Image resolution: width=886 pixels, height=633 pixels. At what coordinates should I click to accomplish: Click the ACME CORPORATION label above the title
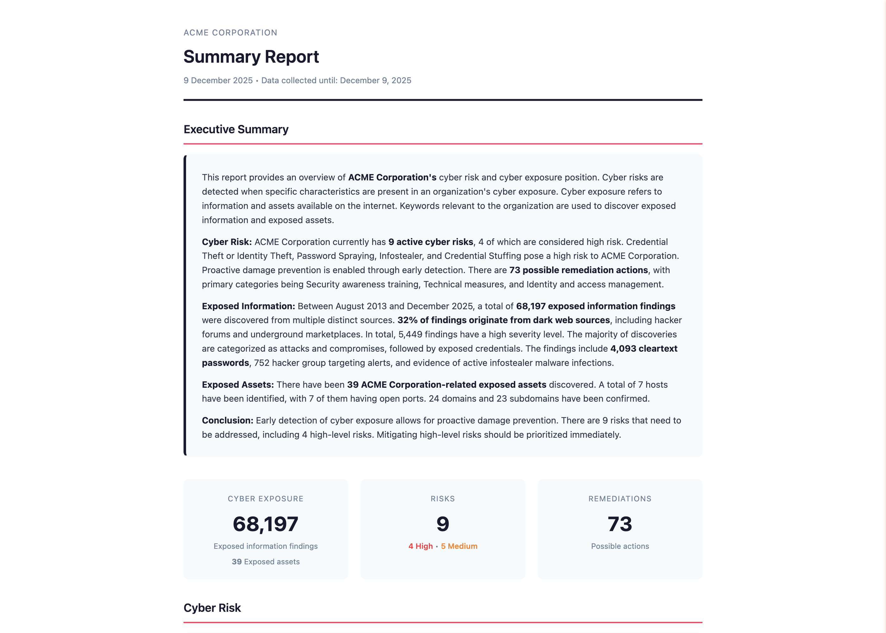[230, 33]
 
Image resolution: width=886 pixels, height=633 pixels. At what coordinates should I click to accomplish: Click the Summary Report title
[251, 57]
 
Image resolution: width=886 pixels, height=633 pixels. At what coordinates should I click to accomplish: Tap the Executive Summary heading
[236, 129]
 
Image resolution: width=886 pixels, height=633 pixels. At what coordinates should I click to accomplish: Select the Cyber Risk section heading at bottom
[212, 608]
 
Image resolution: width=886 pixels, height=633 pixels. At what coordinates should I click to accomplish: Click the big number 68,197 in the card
[265, 524]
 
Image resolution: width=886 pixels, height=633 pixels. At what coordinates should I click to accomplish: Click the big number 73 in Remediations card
[620, 524]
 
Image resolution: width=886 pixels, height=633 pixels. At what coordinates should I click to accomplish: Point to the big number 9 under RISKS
[443, 524]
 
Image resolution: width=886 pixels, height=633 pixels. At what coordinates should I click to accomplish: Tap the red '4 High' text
[421, 546]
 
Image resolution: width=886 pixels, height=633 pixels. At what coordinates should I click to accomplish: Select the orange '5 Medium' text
[459, 546]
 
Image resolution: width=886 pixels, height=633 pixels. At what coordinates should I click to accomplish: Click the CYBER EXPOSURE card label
[265, 498]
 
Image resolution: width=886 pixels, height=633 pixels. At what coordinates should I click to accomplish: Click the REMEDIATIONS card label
[620, 498]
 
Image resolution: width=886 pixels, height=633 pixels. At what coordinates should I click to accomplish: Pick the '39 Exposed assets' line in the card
[265, 562]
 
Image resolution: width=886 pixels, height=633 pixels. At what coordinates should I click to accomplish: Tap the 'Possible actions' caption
[620, 546]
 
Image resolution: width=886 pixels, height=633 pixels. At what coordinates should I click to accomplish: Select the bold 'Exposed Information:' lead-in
[248, 306]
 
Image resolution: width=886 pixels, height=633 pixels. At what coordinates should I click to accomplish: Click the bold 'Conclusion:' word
[227, 421]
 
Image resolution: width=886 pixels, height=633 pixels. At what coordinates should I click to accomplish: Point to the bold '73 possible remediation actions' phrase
[578, 270]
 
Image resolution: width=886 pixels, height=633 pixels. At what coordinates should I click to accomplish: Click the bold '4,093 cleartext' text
[644, 348]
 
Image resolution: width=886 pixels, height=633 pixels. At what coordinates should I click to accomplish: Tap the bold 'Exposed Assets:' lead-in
[238, 385]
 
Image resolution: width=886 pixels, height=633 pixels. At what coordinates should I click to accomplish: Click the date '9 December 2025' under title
[218, 80]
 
